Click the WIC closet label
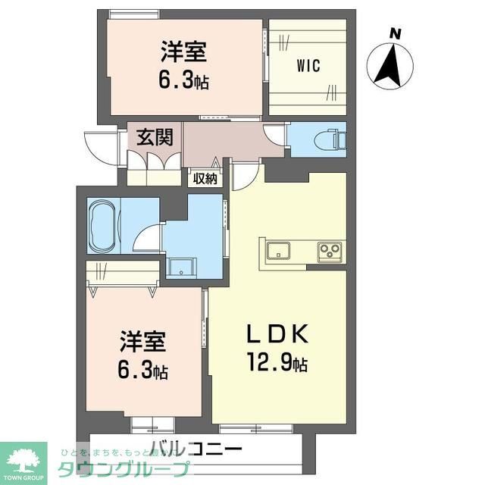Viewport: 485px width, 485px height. click(308, 65)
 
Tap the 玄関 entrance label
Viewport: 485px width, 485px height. click(155, 137)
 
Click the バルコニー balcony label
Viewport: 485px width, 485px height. click(196, 447)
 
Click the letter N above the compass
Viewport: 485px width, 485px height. click(394, 33)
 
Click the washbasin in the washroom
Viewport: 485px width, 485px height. click(182, 267)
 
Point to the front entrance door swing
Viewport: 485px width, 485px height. click(102, 145)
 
